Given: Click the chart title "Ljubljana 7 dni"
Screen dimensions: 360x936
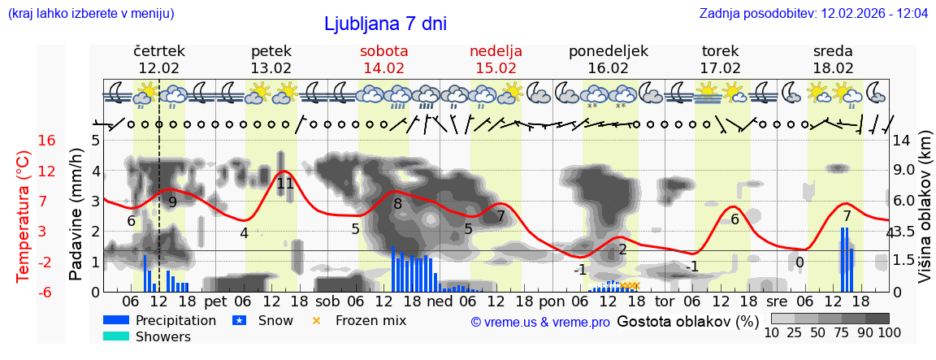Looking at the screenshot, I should click(385, 24).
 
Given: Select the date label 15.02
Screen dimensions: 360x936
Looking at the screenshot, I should click(496, 68).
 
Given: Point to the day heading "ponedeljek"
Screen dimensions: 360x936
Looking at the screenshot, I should click(608, 51).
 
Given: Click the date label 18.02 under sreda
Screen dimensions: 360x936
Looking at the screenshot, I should click(833, 68).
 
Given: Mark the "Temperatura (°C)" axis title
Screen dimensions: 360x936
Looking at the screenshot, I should click(24, 215).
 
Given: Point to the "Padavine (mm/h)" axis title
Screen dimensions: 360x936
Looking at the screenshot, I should click(76, 215).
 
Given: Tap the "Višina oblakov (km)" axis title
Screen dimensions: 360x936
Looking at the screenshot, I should click(924, 215).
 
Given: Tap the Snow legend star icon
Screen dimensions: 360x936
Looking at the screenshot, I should click(239, 320).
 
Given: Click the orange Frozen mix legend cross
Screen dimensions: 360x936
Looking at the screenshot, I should click(317, 320).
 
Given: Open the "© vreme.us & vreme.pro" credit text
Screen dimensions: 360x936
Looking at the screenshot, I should click(540, 323).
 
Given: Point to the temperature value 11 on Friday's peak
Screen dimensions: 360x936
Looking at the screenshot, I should click(285, 184).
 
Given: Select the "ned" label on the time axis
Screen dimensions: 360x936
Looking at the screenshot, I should click(440, 301).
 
